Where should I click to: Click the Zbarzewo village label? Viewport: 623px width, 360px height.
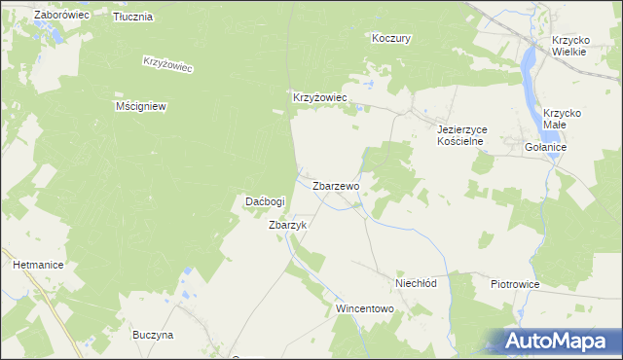337,185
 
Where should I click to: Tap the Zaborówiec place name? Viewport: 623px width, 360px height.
61,16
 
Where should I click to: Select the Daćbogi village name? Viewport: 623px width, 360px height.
264,201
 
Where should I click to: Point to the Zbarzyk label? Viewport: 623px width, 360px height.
288,224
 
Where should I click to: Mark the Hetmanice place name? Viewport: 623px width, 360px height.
38,264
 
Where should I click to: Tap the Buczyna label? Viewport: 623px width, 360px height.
153,335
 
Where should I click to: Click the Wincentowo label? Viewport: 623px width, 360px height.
364,308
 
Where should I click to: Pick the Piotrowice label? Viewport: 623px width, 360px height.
515,283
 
